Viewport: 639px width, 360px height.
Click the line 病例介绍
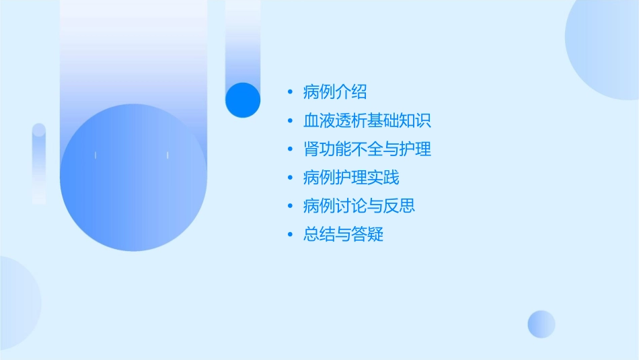click(x=335, y=92)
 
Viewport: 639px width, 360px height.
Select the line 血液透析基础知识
click(x=367, y=121)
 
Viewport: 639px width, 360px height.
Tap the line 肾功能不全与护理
click(x=367, y=149)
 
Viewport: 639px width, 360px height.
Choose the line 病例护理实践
click(x=351, y=178)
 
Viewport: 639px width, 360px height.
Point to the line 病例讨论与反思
click(x=359, y=206)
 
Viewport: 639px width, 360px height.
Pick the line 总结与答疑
click(x=343, y=235)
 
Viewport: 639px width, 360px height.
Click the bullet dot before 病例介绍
click(x=289, y=92)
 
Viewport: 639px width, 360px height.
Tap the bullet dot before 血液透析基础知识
click(x=289, y=121)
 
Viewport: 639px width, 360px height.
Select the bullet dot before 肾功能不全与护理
click(x=289, y=149)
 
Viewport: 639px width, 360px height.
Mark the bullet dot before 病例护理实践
click(x=289, y=178)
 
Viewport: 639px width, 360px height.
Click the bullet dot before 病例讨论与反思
click(x=289, y=206)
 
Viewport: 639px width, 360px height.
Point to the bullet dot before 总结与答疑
click(x=289, y=235)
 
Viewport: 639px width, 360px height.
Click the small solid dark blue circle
click(x=242, y=100)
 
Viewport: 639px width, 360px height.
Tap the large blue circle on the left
click(x=133, y=178)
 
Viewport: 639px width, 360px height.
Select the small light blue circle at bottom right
click(x=541, y=324)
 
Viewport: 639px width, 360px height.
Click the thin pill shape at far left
click(x=39, y=164)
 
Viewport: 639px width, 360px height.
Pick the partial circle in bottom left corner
click(x=17, y=303)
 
